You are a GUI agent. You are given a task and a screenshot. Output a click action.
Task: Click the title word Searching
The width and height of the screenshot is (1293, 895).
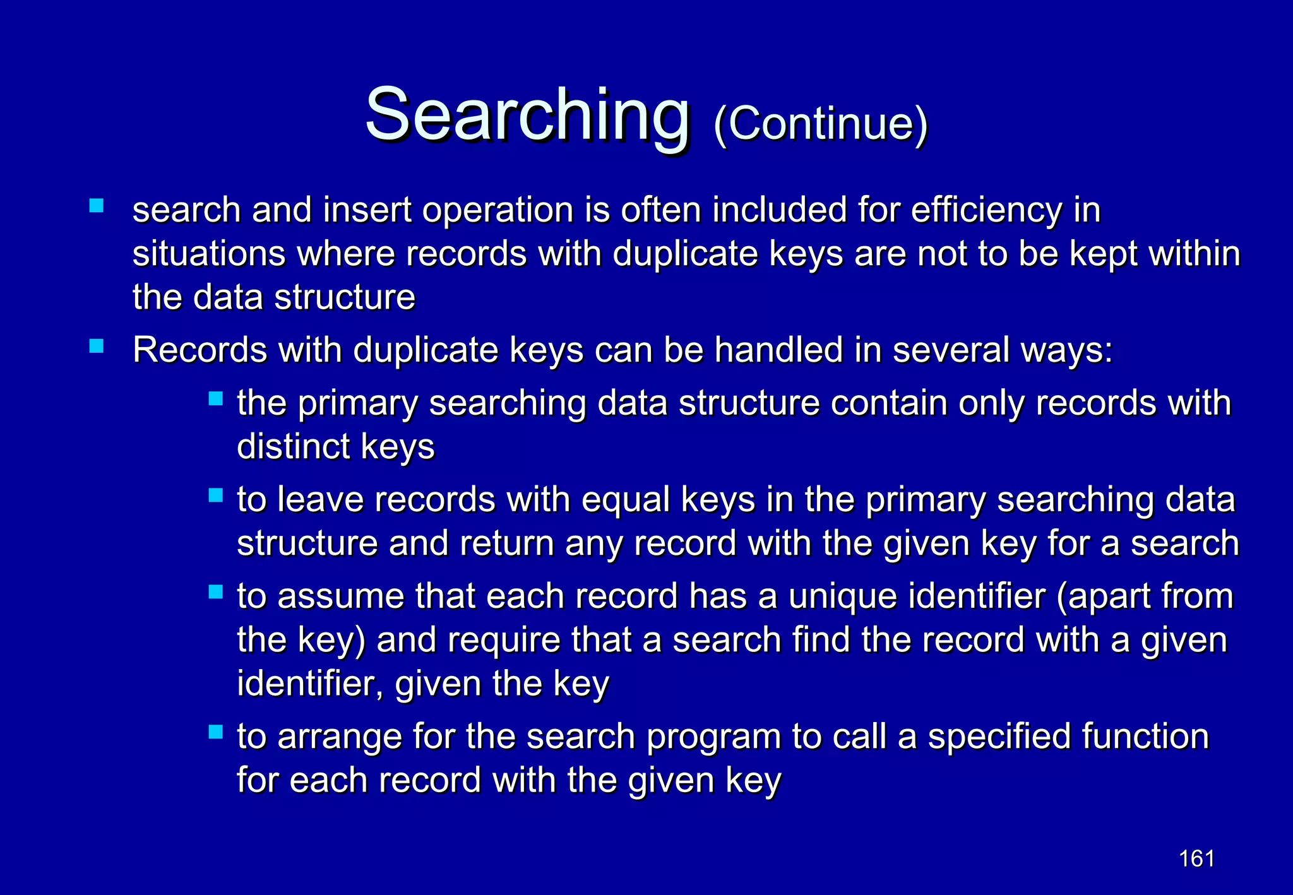tap(527, 116)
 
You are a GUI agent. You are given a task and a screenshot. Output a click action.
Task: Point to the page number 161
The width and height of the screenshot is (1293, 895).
tap(1196, 858)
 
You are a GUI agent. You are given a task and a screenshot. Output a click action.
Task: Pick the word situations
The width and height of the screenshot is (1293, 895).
tap(208, 254)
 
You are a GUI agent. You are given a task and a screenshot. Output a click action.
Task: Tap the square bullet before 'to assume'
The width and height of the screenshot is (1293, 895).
tap(216, 592)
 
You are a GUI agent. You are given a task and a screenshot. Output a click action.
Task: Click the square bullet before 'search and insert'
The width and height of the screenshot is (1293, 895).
tap(97, 206)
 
